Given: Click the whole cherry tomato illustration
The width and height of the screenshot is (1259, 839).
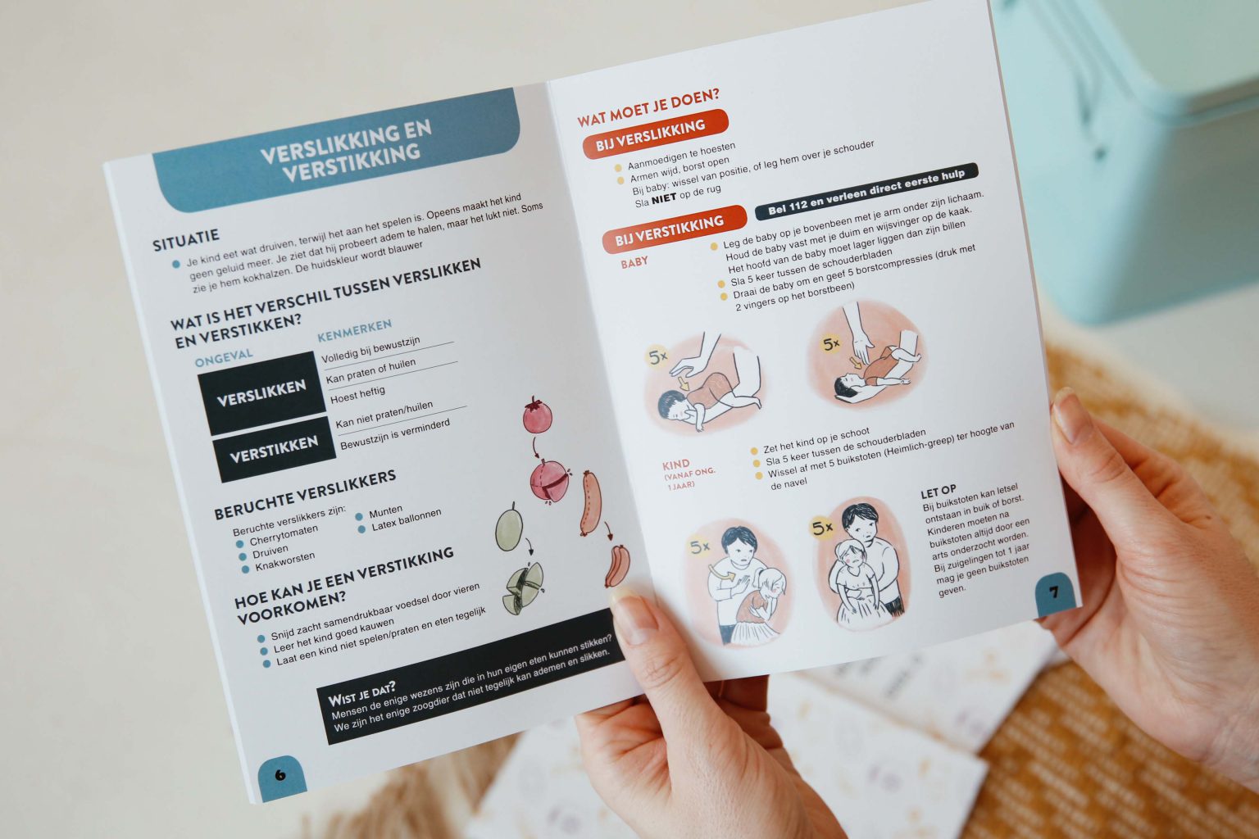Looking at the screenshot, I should click(x=537, y=415).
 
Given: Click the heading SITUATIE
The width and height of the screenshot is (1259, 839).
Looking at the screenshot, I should click(x=186, y=240).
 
